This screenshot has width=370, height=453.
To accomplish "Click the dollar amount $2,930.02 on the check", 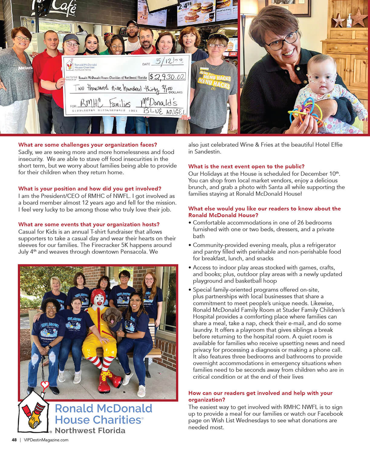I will pyautogui.click(x=167, y=77).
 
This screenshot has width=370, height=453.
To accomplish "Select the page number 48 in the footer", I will pyautogui.click(x=14, y=440).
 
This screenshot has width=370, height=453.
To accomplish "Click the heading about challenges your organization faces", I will pyautogui.click(x=88, y=145).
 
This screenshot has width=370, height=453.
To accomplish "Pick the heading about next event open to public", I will pyautogui.click(x=246, y=166).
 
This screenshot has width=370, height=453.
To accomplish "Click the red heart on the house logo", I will pyautogui.click(x=45, y=385).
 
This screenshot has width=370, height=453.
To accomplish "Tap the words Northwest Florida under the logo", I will pyautogui.click(x=90, y=430).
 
